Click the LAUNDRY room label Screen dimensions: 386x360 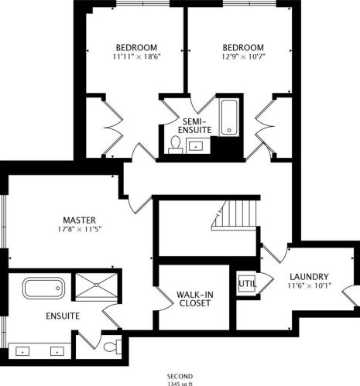point(309,276)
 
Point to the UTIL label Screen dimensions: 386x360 point(246,283)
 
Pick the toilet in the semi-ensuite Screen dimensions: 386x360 point(175,145)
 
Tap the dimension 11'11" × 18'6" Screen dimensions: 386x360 point(136,56)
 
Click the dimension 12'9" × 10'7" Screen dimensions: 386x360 point(241,56)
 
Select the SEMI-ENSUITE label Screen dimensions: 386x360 point(191,127)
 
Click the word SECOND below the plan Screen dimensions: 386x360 point(179,375)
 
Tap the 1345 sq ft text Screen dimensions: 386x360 point(179,383)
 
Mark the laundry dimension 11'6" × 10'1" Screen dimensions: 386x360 point(309,286)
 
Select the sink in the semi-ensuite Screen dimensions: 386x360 point(197,145)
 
